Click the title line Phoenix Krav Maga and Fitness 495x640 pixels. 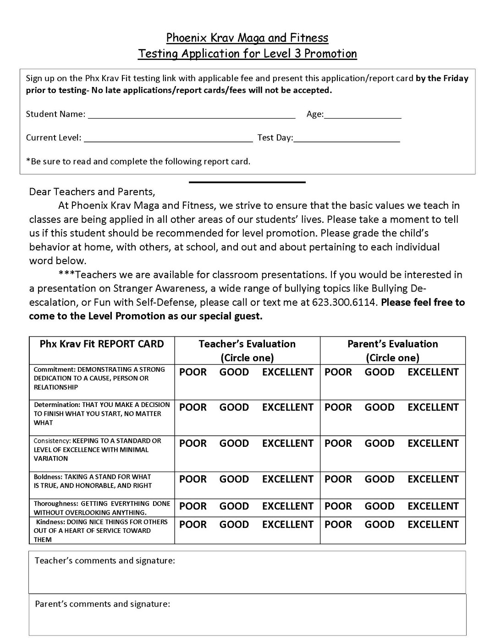pos(247,38)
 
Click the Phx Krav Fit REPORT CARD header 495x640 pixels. pos(102,344)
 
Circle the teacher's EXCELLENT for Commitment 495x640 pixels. pos(287,372)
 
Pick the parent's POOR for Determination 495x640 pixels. pos(338,407)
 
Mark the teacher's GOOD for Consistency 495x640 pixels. pos(234,444)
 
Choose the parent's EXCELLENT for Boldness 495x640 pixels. pos(433,479)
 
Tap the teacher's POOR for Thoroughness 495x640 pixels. pos(192,506)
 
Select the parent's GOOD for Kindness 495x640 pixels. pos(379,525)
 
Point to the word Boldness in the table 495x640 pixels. pos(48,477)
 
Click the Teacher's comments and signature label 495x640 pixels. pos(105,561)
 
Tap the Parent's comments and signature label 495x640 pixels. pos(103,604)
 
